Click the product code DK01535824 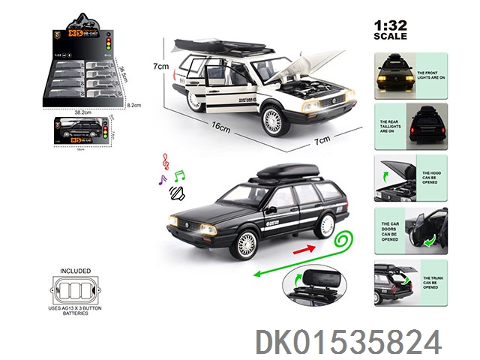(x=348, y=342)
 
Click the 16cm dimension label (x=221, y=127)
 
